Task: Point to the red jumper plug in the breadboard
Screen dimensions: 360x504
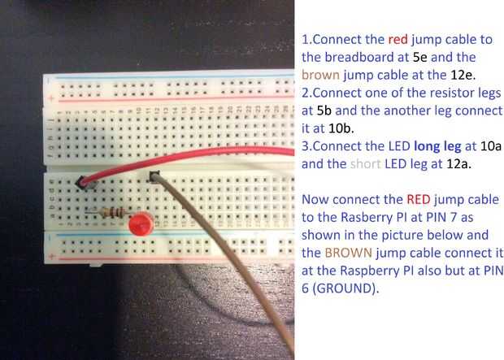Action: coord(84,184)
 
